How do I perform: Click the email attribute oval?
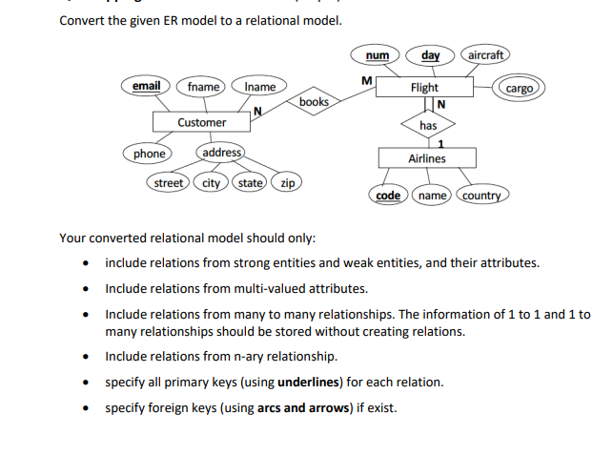pos(146,87)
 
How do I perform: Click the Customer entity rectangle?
pos(201,122)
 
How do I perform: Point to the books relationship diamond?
pos(314,101)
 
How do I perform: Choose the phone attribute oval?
pos(149,154)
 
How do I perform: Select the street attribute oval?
pos(170,182)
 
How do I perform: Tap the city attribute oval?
pos(212,182)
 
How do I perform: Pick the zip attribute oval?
pos(287,182)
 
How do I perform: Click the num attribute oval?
pos(377,54)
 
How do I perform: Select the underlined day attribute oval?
pos(430,54)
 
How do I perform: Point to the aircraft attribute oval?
pos(485,54)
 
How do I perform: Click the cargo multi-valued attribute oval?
pos(520,88)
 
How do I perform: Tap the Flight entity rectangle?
pos(424,88)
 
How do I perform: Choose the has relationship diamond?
pos(428,125)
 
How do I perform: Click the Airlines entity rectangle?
pos(426,158)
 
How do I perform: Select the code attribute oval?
pos(388,195)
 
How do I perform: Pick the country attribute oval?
pos(481,196)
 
